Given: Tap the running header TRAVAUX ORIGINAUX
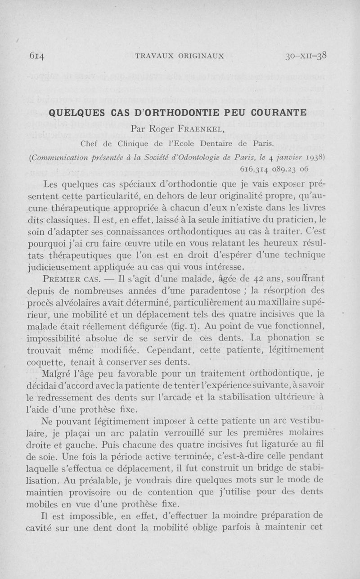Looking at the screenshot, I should click(180, 56).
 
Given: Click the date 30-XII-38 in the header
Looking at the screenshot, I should click(306, 56).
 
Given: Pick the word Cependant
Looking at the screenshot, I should click(184, 350).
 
